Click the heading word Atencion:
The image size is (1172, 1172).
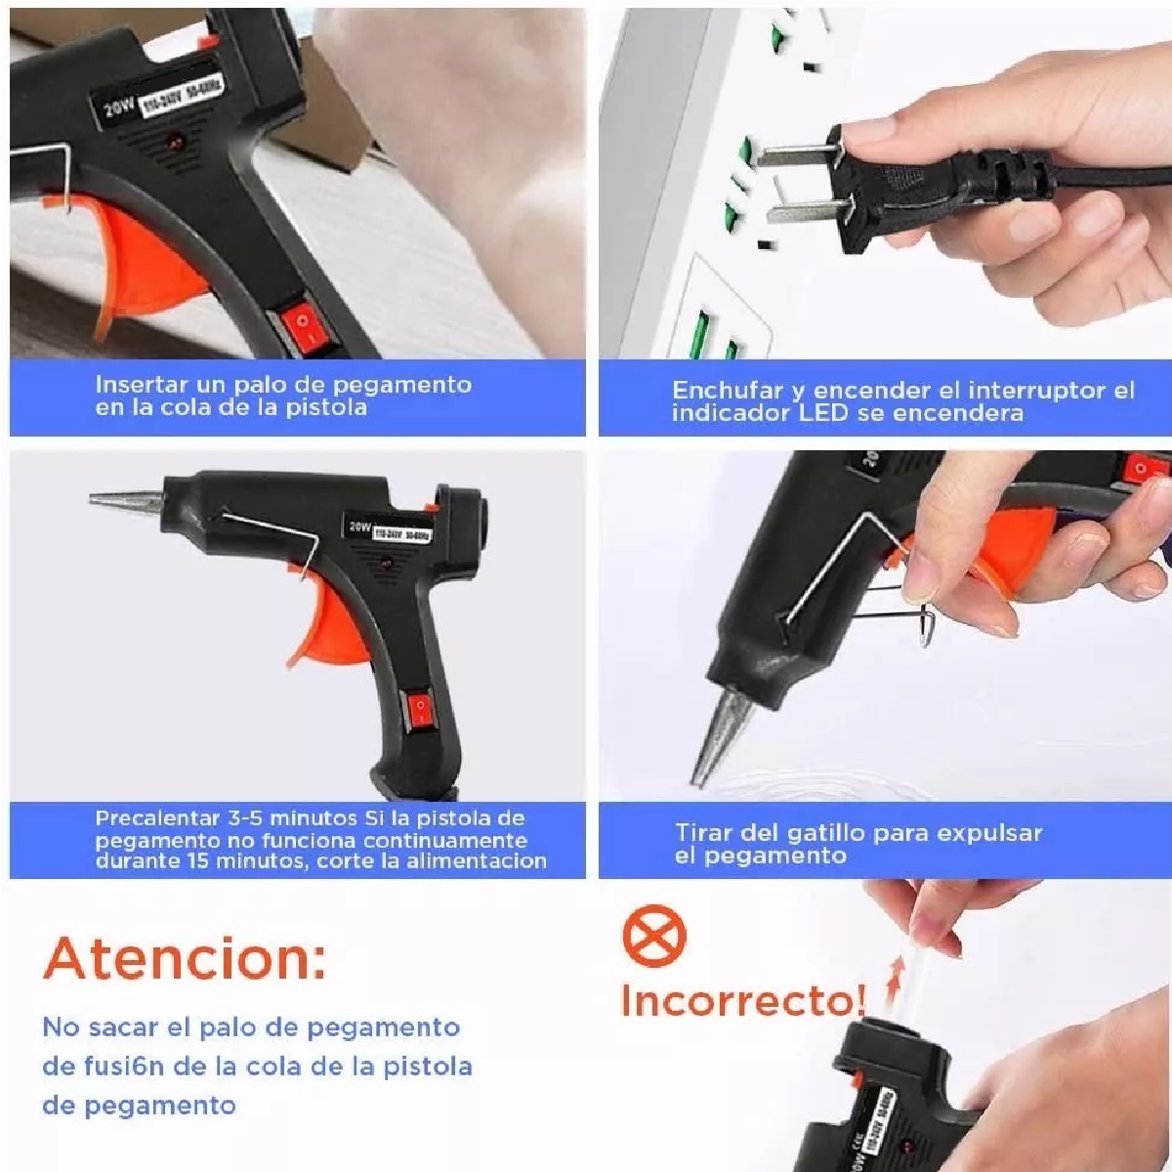pyautogui.click(x=185, y=958)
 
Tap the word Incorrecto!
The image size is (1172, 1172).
pyautogui.click(x=742, y=1000)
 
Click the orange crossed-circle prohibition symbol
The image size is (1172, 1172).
pyautogui.click(x=654, y=935)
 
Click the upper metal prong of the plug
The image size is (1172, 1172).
pyautogui.click(x=795, y=153)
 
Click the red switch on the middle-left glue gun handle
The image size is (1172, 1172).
pyautogui.click(x=420, y=707)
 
